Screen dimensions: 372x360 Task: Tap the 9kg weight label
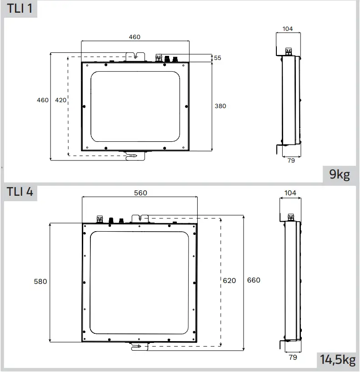[340, 174]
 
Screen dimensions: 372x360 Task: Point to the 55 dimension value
[217, 58]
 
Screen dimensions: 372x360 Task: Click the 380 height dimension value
[220, 106]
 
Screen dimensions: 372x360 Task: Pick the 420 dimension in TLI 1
[60, 100]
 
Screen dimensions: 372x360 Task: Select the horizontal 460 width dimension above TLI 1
[134, 37]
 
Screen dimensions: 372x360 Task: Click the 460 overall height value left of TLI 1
[43, 100]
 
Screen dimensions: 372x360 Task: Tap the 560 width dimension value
[141, 193]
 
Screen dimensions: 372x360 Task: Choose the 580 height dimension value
[40, 281]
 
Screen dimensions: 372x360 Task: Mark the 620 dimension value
[229, 281]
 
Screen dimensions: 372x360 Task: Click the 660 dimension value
[254, 280]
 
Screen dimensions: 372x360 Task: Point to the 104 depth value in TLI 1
[288, 29]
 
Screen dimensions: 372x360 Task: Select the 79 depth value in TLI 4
[293, 357]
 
